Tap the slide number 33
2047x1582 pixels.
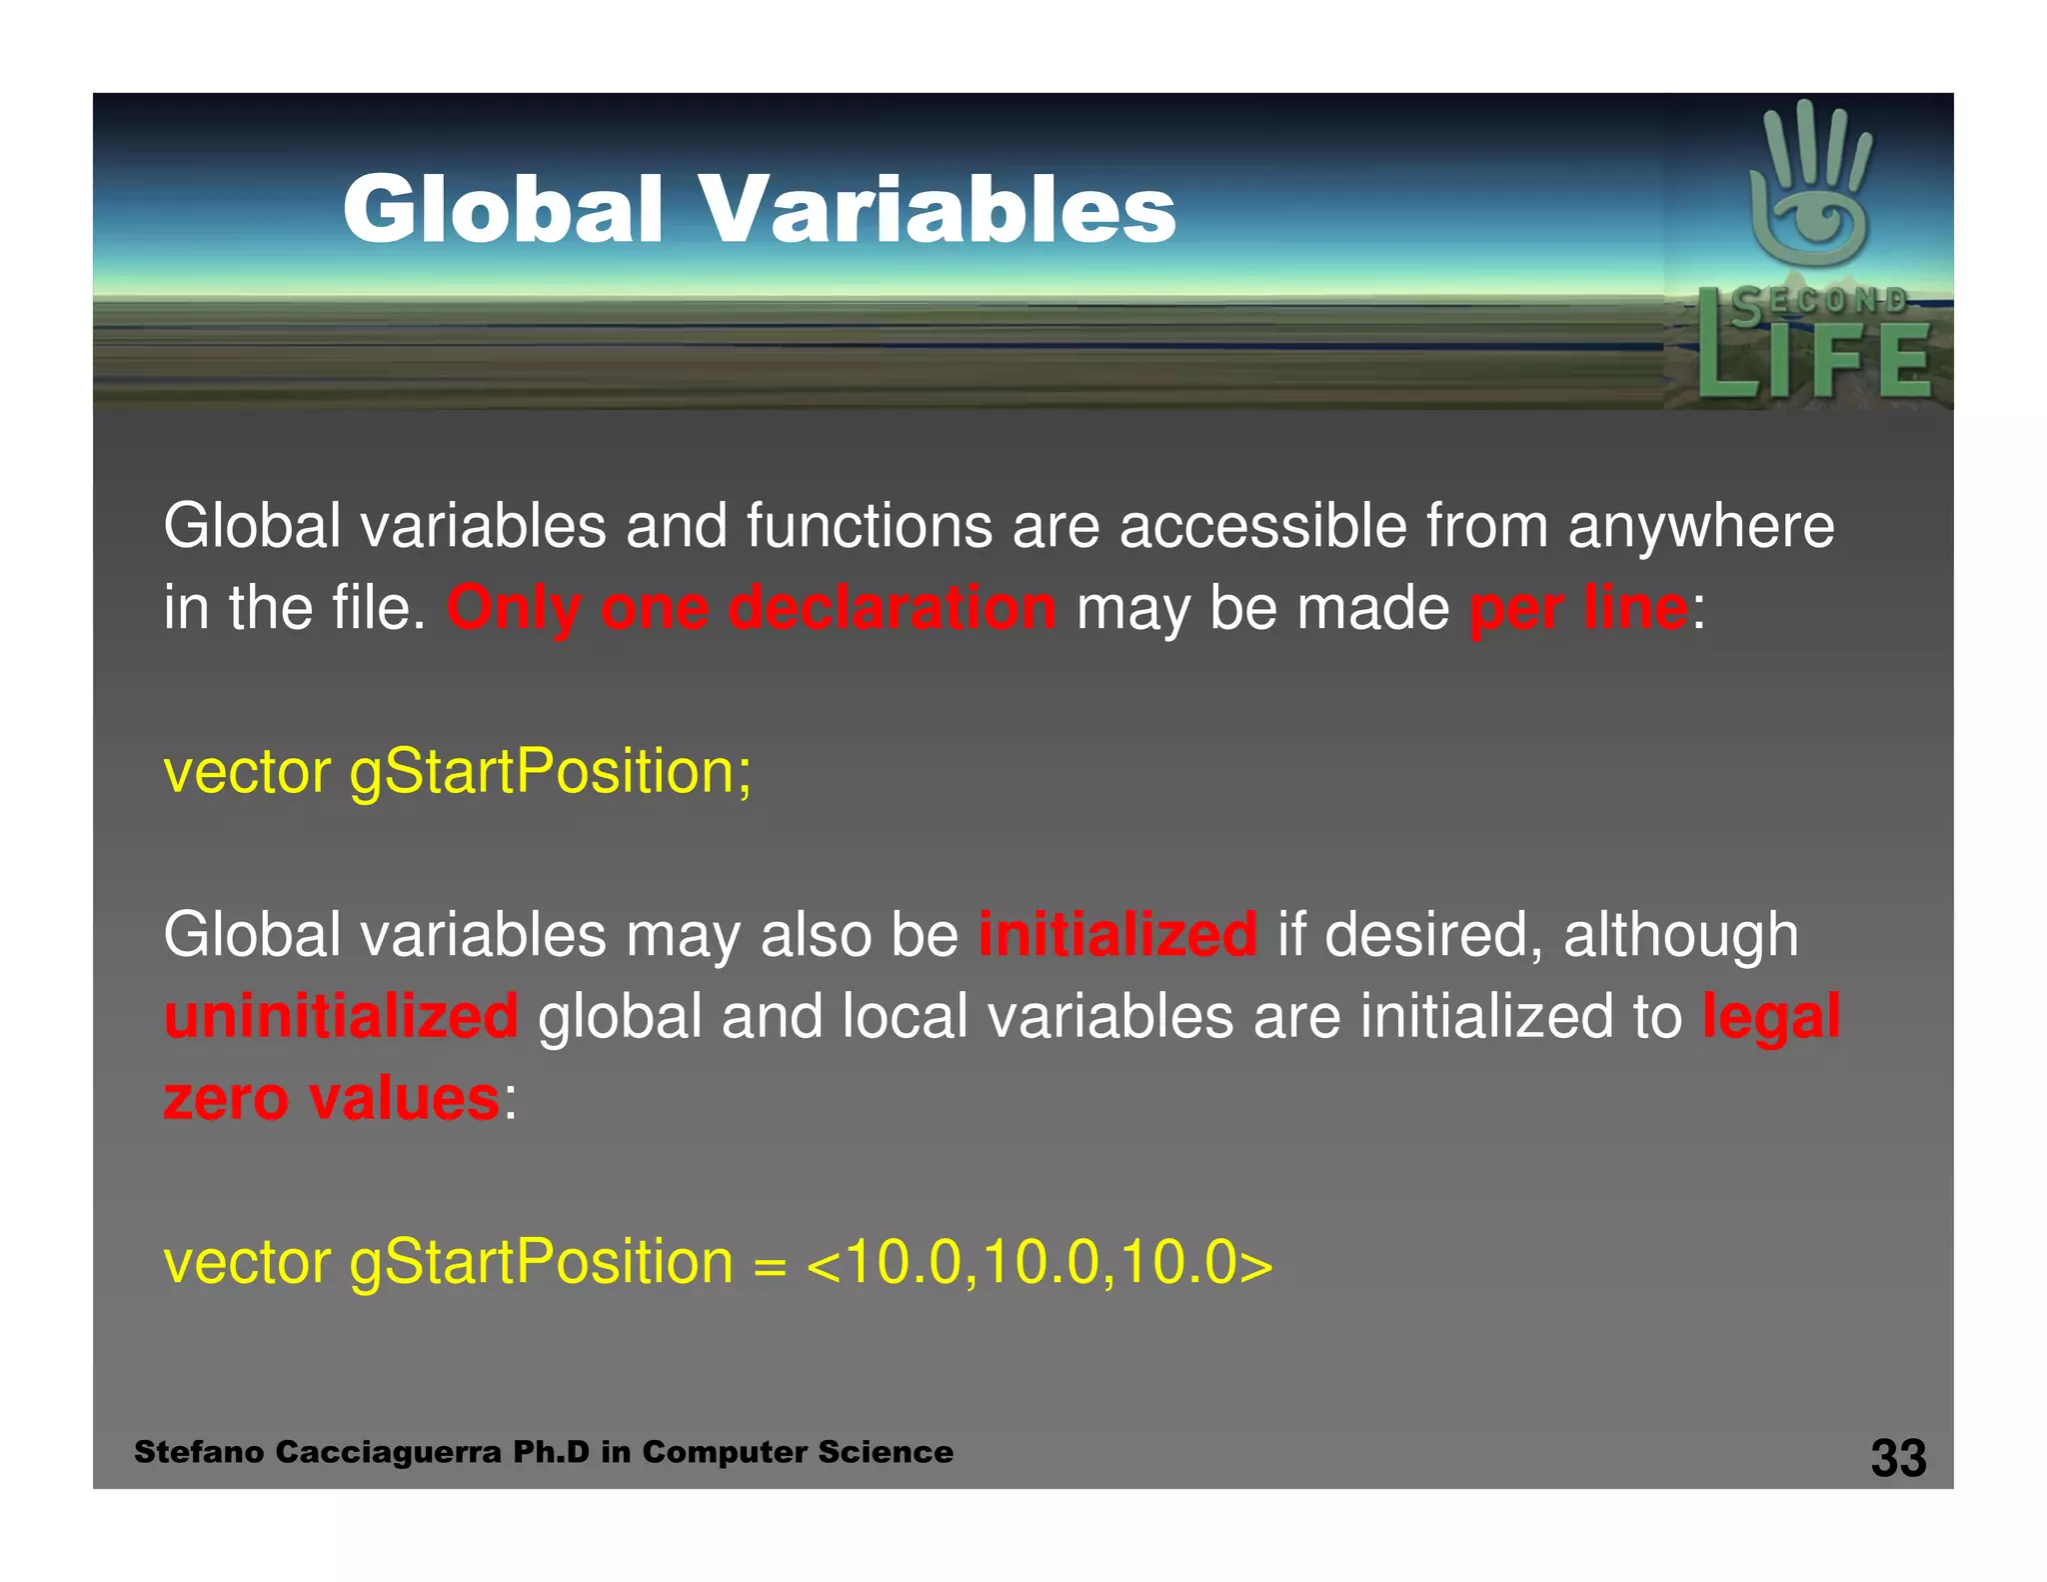(1898, 1458)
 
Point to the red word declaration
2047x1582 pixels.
(892, 608)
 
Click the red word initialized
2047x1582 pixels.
(1117, 934)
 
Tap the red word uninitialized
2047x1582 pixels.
(341, 1016)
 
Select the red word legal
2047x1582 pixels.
(1771, 1016)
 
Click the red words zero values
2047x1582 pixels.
(331, 1098)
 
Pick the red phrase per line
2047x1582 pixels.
(1578, 608)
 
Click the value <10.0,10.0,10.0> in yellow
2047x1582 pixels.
(1039, 1262)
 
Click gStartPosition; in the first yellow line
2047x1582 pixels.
(550, 772)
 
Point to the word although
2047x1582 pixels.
(1680, 934)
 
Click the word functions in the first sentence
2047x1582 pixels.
(869, 526)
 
